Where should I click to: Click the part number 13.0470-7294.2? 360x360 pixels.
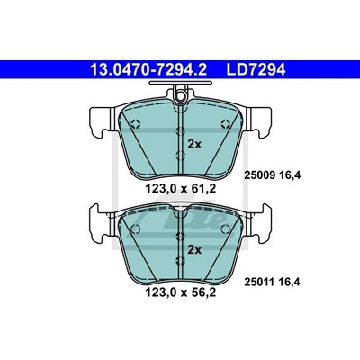(148, 70)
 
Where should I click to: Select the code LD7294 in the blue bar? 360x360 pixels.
(256, 70)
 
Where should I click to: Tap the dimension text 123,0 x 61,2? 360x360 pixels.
(181, 189)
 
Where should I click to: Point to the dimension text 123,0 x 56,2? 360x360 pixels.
(181, 292)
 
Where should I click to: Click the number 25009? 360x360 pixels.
(260, 175)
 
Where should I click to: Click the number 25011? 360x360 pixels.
(260, 282)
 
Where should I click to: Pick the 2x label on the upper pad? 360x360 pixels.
(194, 145)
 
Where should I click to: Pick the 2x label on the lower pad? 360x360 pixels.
(194, 249)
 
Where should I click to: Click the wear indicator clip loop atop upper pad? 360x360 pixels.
(181, 94)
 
